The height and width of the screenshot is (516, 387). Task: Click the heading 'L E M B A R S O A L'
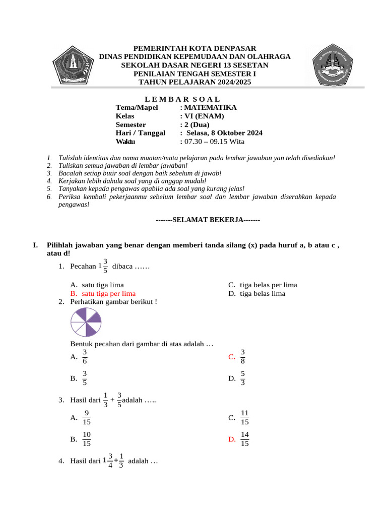tap(178, 99)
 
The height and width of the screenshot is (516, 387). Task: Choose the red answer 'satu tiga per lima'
tap(108, 293)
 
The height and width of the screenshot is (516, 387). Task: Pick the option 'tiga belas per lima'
tap(268, 285)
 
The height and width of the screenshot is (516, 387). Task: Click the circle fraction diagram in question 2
tap(86, 322)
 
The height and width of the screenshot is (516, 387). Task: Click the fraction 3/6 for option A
tap(85, 356)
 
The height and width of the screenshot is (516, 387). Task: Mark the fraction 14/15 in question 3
tap(244, 439)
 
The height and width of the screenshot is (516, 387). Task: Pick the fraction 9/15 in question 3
tap(87, 417)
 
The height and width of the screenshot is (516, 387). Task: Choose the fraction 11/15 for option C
tap(244, 417)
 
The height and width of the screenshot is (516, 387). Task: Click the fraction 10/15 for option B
tap(87, 439)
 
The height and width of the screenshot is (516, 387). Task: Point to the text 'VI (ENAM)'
tap(201, 116)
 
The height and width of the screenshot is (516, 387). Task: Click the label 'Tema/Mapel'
tap(137, 107)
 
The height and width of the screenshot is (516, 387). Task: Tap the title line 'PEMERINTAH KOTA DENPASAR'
tap(195, 47)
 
